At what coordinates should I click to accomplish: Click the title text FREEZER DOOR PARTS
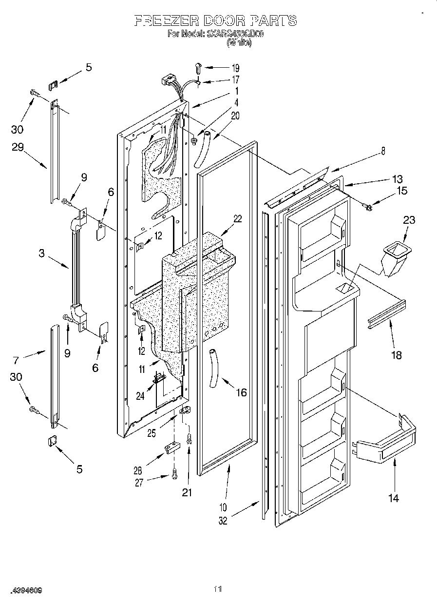(215, 20)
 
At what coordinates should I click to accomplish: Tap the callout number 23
(409, 220)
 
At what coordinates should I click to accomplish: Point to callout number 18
(397, 355)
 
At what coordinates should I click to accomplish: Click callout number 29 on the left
(18, 147)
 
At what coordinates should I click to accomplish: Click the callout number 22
(237, 219)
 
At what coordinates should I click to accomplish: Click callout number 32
(222, 521)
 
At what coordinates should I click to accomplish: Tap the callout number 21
(187, 492)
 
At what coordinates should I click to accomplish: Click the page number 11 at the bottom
(218, 590)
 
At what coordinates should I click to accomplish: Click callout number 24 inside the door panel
(141, 396)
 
